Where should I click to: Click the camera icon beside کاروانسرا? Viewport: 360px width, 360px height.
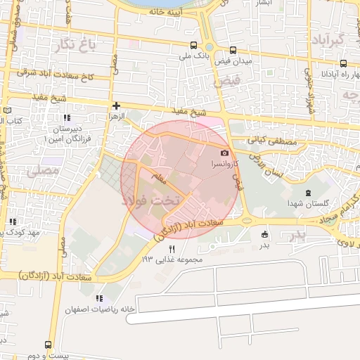pos(224,153)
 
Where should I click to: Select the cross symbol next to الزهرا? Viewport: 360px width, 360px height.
pos(116,105)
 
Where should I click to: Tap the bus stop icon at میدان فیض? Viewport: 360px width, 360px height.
pos(231,49)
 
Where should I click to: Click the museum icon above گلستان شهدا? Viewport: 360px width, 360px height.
pos(307,193)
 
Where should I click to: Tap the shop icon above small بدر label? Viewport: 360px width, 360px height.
pos(264,234)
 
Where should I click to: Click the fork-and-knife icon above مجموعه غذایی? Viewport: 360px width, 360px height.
pos(172,248)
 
